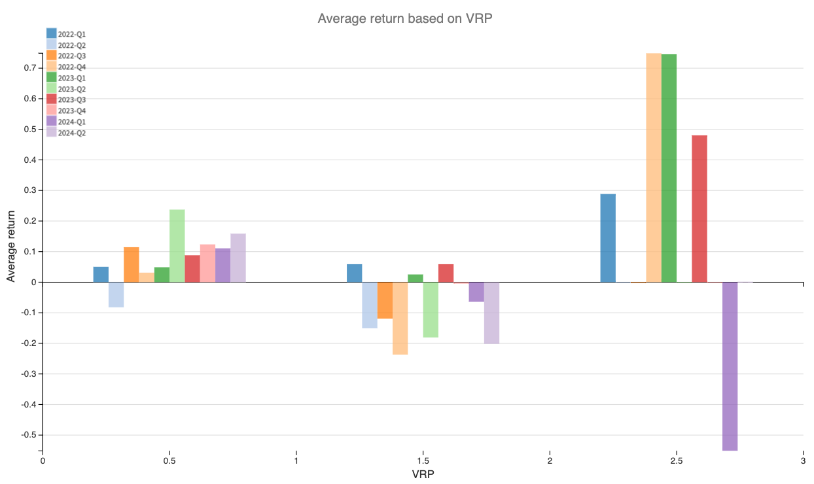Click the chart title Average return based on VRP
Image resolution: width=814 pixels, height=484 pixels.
click(404, 18)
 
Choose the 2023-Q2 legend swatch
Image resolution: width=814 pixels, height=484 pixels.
click(51, 88)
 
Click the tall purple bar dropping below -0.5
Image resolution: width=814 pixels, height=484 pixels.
click(730, 366)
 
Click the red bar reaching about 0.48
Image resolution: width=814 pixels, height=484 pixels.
click(699, 209)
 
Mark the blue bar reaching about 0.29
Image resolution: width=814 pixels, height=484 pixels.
click(608, 238)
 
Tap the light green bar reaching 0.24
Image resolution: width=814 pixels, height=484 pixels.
click(177, 246)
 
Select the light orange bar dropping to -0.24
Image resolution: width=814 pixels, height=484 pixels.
click(400, 318)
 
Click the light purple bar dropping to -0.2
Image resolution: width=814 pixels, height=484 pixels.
click(491, 313)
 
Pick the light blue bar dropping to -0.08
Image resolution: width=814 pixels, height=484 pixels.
click(116, 294)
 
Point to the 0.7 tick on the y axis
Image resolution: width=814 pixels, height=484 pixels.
click(30, 68)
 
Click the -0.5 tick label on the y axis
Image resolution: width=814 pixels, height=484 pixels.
click(29, 435)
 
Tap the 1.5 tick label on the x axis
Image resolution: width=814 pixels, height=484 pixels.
click(423, 461)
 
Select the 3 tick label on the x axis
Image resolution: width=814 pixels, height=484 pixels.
click(802, 461)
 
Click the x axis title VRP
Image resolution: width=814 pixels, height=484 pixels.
click(423, 474)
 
